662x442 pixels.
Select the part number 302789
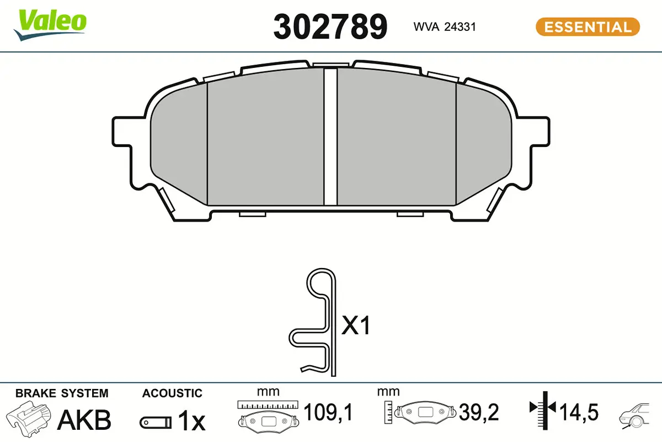330,27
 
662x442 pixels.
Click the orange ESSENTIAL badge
588,27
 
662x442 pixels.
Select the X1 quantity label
356,327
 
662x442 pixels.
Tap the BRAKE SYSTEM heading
62,393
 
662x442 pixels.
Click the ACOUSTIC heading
172,393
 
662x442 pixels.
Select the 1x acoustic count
191,422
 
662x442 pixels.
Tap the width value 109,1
328,412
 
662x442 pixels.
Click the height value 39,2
478,412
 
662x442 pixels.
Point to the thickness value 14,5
579,412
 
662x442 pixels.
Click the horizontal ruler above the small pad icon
268,405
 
